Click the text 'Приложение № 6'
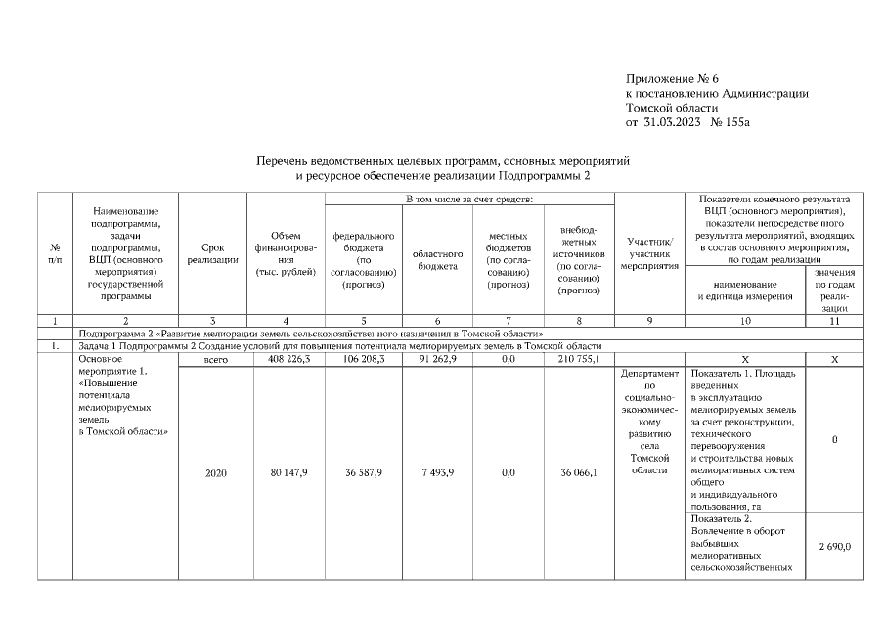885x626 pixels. click(x=672, y=77)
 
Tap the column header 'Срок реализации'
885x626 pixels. click(x=212, y=255)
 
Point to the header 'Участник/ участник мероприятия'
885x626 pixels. click(x=649, y=253)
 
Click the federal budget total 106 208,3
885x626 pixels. click(x=363, y=360)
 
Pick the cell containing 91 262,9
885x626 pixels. click(x=437, y=360)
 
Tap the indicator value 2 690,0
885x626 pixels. click(x=834, y=546)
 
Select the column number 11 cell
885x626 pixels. click(x=834, y=321)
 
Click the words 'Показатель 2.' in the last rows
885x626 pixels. click(x=723, y=517)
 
